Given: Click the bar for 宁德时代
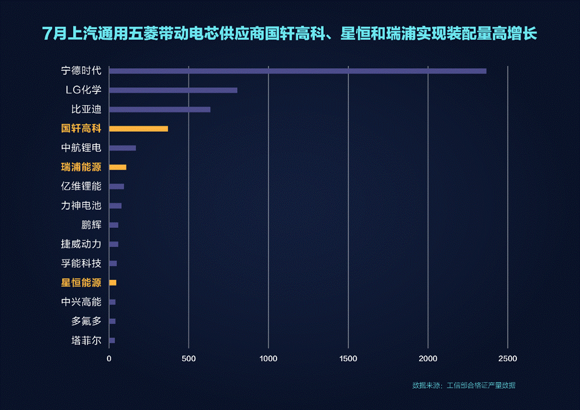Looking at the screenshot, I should (x=297, y=71).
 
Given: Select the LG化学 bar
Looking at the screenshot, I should (x=173, y=90).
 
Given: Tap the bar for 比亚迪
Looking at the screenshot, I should (x=160, y=109).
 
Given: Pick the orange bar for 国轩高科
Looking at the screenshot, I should (x=138, y=128).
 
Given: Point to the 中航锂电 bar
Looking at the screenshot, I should (x=122, y=148).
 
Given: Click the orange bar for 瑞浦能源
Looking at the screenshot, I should (x=117, y=167).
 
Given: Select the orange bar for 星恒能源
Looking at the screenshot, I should (x=112, y=283).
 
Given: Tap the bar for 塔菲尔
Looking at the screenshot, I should (x=112, y=340).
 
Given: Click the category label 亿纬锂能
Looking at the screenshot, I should (x=81, y=186).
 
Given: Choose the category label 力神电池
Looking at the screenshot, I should (x=81, y=206).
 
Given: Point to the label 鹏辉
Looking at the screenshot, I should (x=91, y=225).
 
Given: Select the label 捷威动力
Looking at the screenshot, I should (x=81, y=244).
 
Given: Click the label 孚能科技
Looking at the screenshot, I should (x=81, y=263).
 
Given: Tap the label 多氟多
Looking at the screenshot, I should (x=86, y=321).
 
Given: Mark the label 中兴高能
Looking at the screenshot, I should (x=81, y=302).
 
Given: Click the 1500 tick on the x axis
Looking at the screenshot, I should (x=348, y=359).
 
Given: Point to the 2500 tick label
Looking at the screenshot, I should (x=508, y=359).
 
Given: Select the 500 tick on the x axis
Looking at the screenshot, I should (x=189, y=359).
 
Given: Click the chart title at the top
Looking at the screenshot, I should (x=290, y=34).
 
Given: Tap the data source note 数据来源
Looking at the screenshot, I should (x=464, y=385).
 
